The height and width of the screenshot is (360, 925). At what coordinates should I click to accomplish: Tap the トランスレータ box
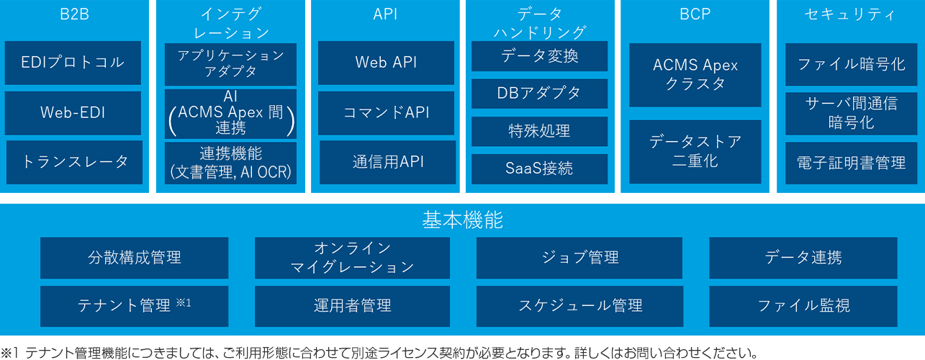point(75,162)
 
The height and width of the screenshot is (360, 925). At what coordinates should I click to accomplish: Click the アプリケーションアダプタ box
point(230,64)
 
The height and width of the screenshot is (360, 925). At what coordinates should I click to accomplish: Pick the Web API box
point(386,63)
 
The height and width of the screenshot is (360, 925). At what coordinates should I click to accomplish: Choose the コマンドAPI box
point(386,112)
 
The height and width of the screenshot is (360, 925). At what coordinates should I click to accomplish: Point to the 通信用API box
point(387,162)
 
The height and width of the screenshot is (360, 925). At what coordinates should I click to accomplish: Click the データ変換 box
point(539,56)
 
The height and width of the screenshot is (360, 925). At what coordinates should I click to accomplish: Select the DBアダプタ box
point(539,94)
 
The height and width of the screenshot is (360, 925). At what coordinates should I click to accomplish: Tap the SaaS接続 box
point(539,168)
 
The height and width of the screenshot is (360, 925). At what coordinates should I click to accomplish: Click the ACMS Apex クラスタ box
point(695,74)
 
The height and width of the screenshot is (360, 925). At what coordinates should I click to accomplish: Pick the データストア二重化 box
point(695,151)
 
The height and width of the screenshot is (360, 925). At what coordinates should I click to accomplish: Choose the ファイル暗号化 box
point(851,64)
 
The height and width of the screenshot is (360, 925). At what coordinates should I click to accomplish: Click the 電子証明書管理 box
point(851,163)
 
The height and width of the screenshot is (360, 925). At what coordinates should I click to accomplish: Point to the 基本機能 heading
point(462,220)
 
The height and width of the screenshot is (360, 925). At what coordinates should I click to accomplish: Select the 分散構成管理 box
point(134,258)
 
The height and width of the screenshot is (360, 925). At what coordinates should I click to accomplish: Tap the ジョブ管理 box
point(580,258)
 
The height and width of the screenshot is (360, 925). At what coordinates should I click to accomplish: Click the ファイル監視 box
point(803,306)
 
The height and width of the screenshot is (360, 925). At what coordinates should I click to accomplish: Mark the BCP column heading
point(695,14)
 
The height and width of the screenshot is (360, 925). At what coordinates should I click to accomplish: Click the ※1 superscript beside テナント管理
point(183,302)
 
